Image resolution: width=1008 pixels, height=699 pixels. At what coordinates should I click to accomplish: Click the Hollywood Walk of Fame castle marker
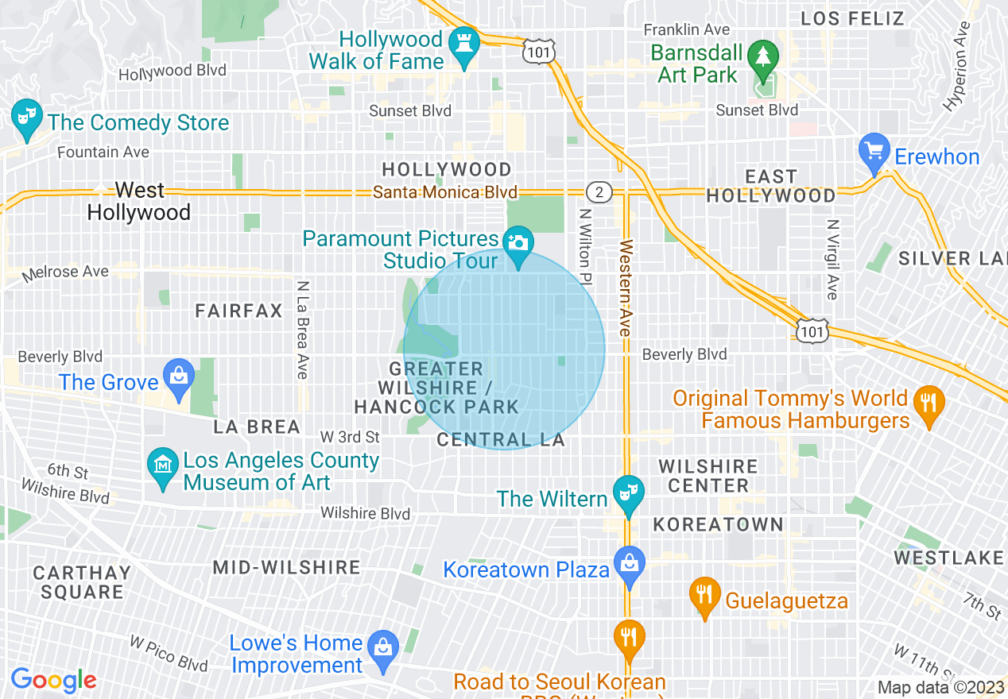click(x=461, y=45)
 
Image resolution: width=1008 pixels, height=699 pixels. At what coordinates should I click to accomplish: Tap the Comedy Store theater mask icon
click(x=26, y=117)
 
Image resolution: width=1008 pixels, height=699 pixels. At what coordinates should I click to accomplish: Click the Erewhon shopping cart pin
click(x=874, y=151)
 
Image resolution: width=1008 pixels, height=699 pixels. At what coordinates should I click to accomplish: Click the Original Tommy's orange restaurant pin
click(x=928, y=402)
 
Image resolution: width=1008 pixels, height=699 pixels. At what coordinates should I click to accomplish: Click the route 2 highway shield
click(x=598, y=192)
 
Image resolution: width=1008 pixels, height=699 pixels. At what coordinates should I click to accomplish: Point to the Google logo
click(x=53, y=680)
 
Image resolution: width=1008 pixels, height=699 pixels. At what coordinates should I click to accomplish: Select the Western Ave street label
click(x=626, y=287)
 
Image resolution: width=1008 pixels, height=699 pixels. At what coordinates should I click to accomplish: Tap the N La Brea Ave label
click(x=302, y=329)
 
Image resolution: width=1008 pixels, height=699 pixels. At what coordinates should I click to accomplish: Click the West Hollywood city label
click(x=139, y=201)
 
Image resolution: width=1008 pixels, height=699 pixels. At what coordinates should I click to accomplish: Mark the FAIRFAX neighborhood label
click(x=238, y=311)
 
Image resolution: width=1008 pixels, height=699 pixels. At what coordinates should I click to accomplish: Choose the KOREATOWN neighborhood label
click(x=719, y=524)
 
